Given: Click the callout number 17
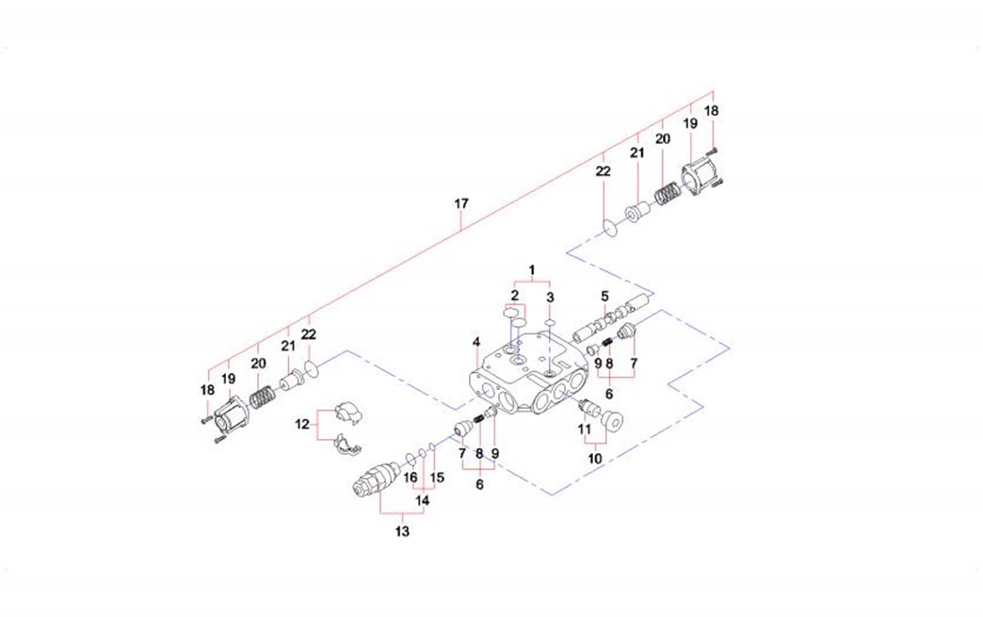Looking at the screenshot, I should coord(460,203).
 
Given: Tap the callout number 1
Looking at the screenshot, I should coord(531,270).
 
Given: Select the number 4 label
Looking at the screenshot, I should coord(477,341).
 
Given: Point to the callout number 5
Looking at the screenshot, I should coord(605,296).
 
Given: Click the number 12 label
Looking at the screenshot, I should coord(302,424).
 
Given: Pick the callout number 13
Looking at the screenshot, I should coord(402,531).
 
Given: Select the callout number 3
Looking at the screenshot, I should coord(551,298).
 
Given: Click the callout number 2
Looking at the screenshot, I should coord(514,296).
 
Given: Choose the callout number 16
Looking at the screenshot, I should coord(411,478).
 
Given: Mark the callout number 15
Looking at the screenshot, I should coord(436,478).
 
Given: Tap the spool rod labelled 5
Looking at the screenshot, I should coord(610,316).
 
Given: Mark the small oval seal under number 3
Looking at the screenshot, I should coord(549,322).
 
